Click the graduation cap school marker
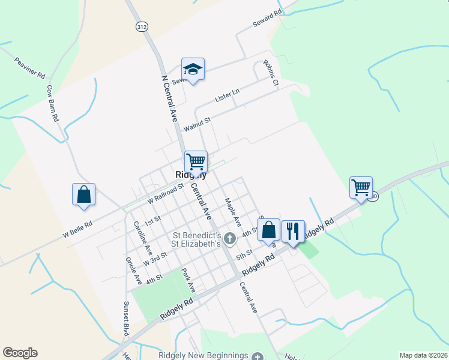[193, 70]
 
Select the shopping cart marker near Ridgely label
[196, 162]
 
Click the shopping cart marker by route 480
[361, 188]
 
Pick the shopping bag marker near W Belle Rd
[83, 195]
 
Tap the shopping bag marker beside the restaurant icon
[269, 230]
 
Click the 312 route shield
[141, 28]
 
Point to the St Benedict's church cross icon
[230, 239]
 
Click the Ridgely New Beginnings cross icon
[258, 356]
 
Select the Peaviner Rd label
[30, 67]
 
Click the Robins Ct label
[271, 73]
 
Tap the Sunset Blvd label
[126, 318]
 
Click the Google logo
[20, 353]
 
